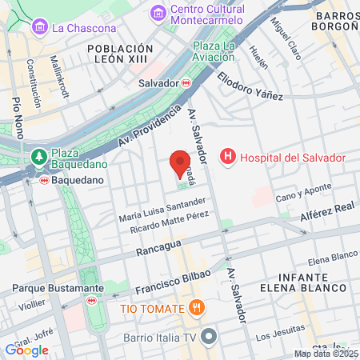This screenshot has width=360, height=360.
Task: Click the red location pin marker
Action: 180,162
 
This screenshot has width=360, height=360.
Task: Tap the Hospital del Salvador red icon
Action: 228,157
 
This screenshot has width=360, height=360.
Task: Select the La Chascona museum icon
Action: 38,28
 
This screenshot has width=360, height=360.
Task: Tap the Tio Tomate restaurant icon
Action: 197,308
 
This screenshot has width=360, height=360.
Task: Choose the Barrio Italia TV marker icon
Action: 209,336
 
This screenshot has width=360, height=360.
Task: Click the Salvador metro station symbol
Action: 186,83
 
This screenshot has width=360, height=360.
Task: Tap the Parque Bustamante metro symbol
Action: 92,300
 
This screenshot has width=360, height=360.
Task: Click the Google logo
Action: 26,350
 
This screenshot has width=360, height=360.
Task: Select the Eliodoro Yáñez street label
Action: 250,86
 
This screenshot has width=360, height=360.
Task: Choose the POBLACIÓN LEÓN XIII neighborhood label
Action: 119,54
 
